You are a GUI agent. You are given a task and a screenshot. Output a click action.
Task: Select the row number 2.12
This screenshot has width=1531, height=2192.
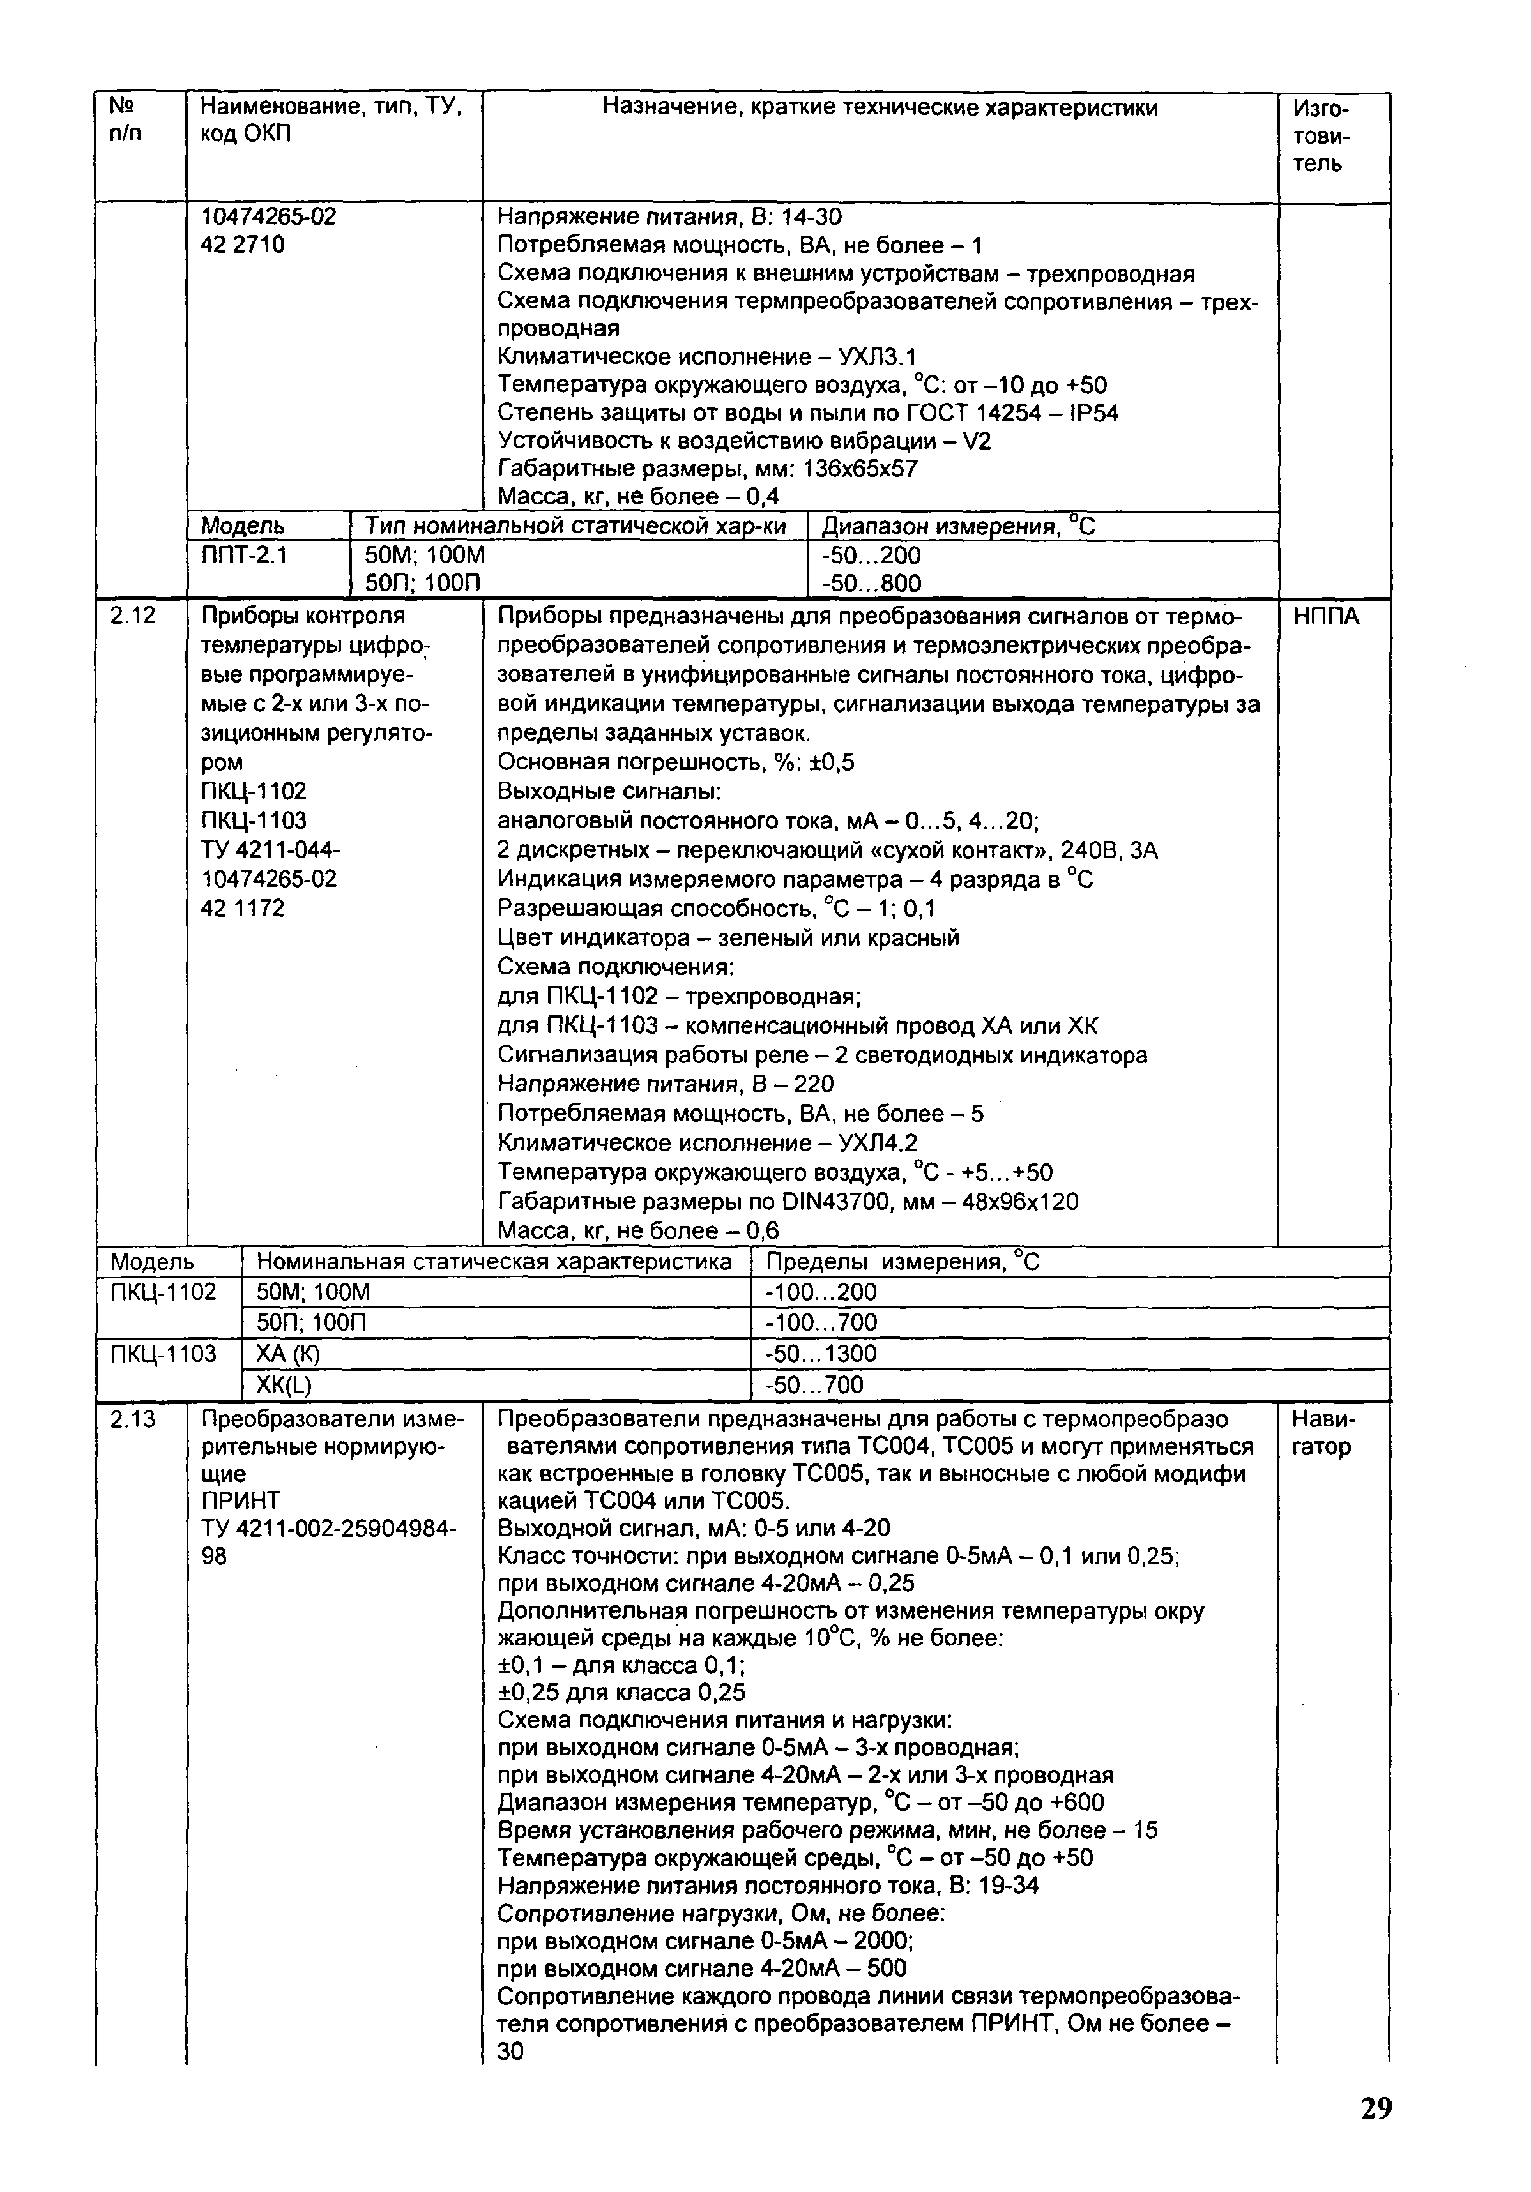pyautogui.click(x=133, y=616)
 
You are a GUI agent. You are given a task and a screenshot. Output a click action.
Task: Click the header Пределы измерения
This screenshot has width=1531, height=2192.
pyautogui.click(x=903, y=1262)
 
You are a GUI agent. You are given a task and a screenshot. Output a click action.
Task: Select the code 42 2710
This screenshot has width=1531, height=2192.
pyautogui.click(x=243, y=245)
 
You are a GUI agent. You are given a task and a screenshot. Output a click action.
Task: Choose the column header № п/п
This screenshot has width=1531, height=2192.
pyautogui.click(x=125, y=120)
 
